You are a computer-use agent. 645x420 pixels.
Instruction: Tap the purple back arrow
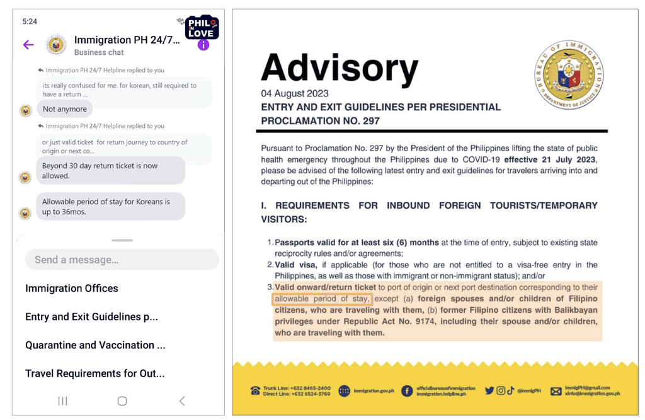(x=28, y=45)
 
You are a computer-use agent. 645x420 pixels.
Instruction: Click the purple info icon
(x=203, y=45)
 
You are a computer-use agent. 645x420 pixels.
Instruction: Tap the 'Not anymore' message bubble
(x=65, y=109)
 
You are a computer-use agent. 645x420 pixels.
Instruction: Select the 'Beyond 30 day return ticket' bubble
(x=110, y=171)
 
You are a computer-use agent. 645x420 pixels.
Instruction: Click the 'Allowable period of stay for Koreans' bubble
(x=110, y=207)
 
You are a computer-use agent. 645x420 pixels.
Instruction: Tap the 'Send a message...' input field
(x=122, y=260)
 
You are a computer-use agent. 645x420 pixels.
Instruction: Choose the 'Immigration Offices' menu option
(x=72, y=288)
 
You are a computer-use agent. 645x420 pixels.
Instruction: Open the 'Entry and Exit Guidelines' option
(x=91, y=317)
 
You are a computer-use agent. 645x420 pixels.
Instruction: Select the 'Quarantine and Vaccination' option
(x=95, y=345)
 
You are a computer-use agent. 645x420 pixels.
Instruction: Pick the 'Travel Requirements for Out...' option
(x=94, y=373)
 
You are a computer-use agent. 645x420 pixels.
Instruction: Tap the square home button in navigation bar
(x=122, y=401)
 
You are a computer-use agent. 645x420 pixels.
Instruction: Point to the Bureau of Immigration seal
(x=569, y=74)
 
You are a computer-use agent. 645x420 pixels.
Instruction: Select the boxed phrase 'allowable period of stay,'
(x=322, y=299)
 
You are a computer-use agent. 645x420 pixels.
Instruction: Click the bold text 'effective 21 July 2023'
(x=550, y=160)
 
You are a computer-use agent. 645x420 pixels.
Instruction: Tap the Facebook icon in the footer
(x=407, y=391)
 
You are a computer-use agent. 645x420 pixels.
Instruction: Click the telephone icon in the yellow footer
(x=255, y=391)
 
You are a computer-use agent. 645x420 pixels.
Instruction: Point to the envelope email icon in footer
(x=556, y=391)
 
